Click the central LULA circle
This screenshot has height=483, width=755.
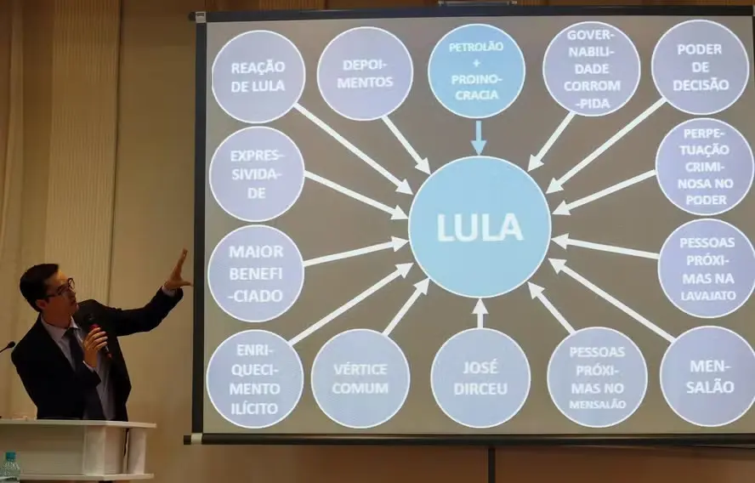tap(480, 226)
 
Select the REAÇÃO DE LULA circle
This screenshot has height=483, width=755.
tap(258, 77)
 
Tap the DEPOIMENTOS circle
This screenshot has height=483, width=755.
tap(365, 74)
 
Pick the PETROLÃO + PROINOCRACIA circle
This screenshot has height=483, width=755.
tap(476, 71)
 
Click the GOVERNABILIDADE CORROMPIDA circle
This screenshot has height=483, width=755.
tap(591, 69)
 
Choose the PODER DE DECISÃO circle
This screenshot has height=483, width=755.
tap(700, 67)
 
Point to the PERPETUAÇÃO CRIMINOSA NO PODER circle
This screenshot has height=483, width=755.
tap(704, 166)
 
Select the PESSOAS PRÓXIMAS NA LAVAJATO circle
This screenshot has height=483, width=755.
tap(707, 268)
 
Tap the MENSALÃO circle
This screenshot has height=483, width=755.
tap(708, 375)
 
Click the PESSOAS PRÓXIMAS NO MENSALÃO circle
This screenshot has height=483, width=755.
tap(597, 376)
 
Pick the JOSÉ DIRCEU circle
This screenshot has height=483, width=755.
tap(480, 378)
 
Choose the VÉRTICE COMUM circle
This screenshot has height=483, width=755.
tap(360, 378)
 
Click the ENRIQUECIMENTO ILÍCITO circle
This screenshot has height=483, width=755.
tap(255, 379)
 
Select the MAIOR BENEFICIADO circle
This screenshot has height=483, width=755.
tap(256, 273)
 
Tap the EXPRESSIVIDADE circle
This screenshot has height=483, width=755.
tap(257, 174)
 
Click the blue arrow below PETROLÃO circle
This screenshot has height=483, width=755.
tap(478, 138)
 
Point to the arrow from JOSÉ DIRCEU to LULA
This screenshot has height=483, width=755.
tap(480, 313)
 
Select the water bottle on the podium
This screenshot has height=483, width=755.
tap(10, 468)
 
